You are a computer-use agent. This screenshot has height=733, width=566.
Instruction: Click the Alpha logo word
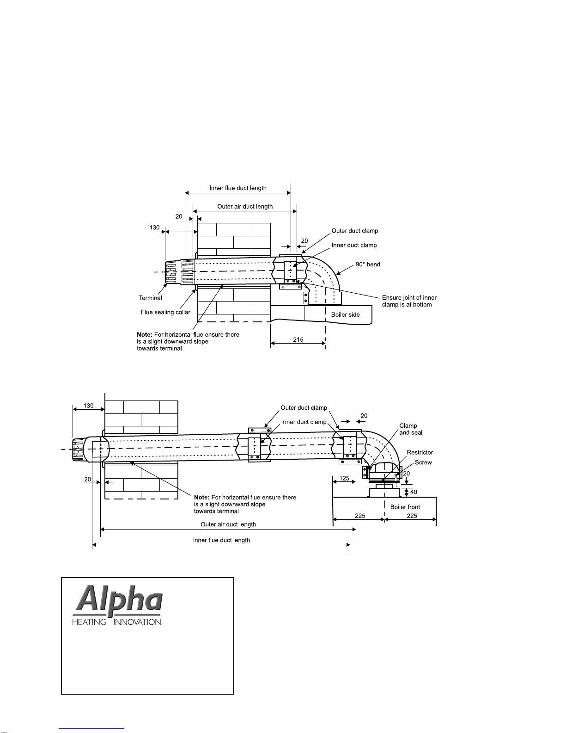[x=117, y=600]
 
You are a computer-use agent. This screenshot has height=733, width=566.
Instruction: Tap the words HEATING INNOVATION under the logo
[x=116, y=622]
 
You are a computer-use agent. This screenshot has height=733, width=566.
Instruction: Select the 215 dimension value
[x=298, y=339]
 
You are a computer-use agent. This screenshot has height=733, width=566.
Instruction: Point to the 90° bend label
[x=368, y=265]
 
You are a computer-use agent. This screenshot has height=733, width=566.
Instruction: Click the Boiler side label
[x=345, y=315]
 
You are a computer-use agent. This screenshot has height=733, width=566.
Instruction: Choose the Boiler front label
[x=405, y=507]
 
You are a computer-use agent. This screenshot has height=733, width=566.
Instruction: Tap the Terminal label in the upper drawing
[x=150, y=298]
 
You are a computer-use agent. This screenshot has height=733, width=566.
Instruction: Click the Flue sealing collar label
[x=165, y=312]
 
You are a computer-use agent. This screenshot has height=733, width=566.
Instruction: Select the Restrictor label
[x=420, y=452]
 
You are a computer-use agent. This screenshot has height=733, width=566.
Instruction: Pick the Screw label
[x=423, y=462]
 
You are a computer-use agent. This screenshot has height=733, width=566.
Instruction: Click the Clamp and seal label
[x=411, y=429]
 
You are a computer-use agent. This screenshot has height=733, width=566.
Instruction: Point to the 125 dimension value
[x=344, y=478]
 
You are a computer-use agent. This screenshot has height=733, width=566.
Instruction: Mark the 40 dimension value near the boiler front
[x=414, y=492]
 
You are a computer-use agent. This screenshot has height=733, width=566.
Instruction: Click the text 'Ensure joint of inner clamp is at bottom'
[x=409, y=301]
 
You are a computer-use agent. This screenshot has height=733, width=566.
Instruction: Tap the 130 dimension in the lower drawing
[x=88, y=406]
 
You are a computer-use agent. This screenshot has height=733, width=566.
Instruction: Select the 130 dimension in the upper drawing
[x=154, y=228]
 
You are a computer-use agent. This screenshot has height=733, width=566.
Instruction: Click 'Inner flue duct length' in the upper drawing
[x=238, y=188]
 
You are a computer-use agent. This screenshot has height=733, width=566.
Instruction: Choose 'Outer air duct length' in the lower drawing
[x=228, y=524]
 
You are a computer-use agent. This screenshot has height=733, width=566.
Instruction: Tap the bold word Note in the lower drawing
[x=202, y=497]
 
